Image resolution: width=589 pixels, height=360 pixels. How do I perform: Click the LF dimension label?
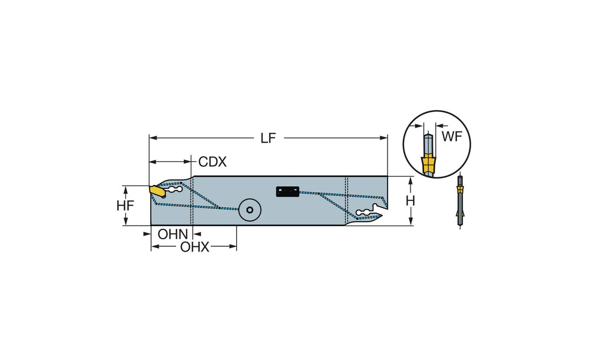268,138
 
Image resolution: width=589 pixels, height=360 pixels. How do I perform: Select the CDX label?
213,161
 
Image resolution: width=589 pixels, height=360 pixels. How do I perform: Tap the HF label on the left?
125,206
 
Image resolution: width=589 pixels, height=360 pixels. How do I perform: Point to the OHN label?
173,234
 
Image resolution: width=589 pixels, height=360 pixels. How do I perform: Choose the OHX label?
195,247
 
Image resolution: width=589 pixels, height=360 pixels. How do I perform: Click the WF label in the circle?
452,137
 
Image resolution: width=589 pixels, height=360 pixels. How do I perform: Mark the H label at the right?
411,201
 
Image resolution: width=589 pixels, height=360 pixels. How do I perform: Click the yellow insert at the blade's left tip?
157,191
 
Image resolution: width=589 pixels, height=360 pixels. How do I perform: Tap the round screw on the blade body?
249,209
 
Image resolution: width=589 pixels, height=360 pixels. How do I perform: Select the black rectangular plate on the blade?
287,191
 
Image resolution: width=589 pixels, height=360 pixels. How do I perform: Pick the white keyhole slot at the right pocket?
365,212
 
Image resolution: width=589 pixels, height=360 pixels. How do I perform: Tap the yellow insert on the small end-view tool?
460,189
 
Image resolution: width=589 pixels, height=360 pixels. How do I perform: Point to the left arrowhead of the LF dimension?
152,138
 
